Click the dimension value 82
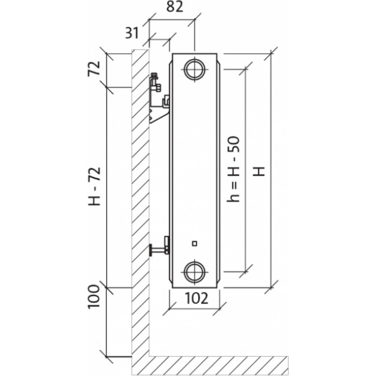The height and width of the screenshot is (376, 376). (x=175, y=7)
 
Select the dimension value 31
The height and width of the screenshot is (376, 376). (x=132, y=33)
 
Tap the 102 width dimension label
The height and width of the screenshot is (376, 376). (x=196, y=298)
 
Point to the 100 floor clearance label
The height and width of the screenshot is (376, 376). (x=94, y=297)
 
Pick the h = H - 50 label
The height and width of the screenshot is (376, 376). (x=233, y=169)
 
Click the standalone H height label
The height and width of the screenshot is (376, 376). (x=259, y=171)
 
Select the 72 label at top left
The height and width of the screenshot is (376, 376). (x=94, y=69)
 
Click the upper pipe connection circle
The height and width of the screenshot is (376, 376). (x=195, y=70)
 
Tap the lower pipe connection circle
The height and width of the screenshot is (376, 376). (x=195, y=272)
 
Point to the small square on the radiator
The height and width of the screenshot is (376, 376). (x=195, y=243)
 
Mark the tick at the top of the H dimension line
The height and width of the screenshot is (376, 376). (x=272, y=54)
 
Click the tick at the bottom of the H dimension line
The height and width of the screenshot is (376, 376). (x=272, y=287)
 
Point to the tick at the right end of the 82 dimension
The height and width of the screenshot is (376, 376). (x=194, y=20)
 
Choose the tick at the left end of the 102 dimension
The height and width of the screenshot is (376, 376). (x=170, y=309)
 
